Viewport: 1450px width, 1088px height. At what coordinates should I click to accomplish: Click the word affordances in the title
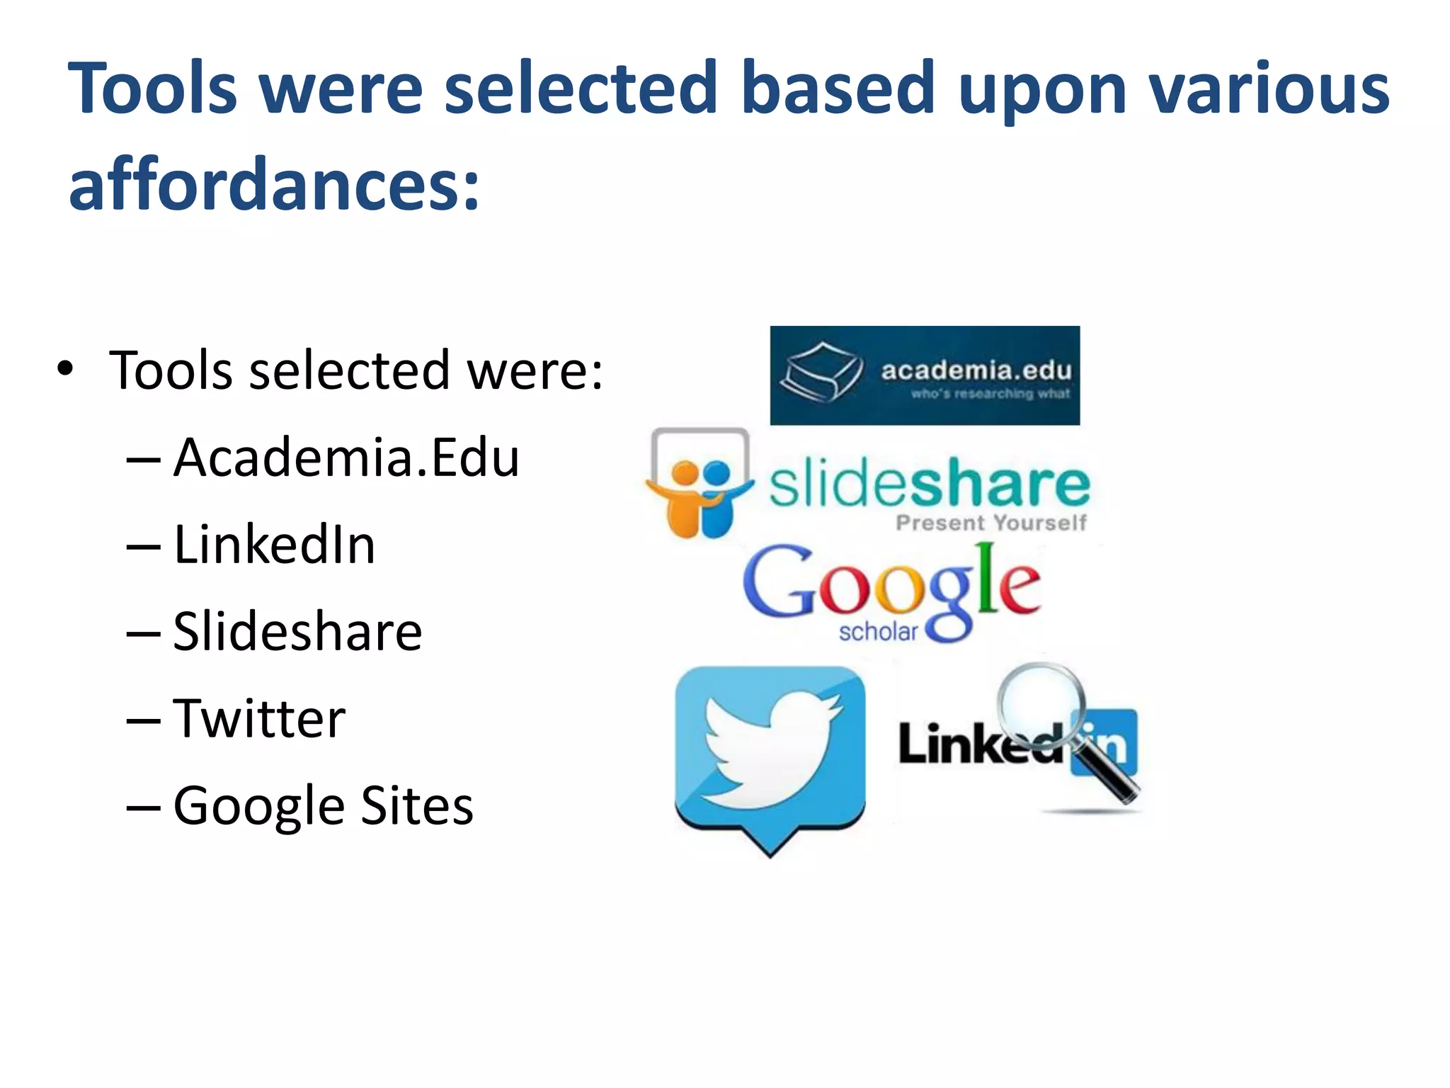(273, 183)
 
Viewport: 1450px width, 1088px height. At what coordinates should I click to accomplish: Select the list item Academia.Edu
(346, 458)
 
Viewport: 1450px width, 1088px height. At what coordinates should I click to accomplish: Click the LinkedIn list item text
(274, 545)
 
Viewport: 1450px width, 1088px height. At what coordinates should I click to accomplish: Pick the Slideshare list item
(297, 631)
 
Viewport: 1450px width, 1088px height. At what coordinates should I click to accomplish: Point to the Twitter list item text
(259, 718)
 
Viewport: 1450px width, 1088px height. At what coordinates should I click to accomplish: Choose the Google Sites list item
(323, 806)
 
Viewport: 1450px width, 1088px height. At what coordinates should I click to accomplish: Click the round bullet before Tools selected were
(65, 369)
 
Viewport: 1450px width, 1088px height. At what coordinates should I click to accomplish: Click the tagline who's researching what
(990, 394)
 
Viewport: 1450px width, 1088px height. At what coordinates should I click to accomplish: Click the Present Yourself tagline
(991, 523)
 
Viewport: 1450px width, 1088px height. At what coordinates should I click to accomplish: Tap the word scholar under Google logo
(878, 631)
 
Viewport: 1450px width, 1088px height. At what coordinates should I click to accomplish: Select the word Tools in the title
(152, 88)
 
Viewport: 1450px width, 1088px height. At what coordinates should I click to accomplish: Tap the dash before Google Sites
(143, 807)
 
